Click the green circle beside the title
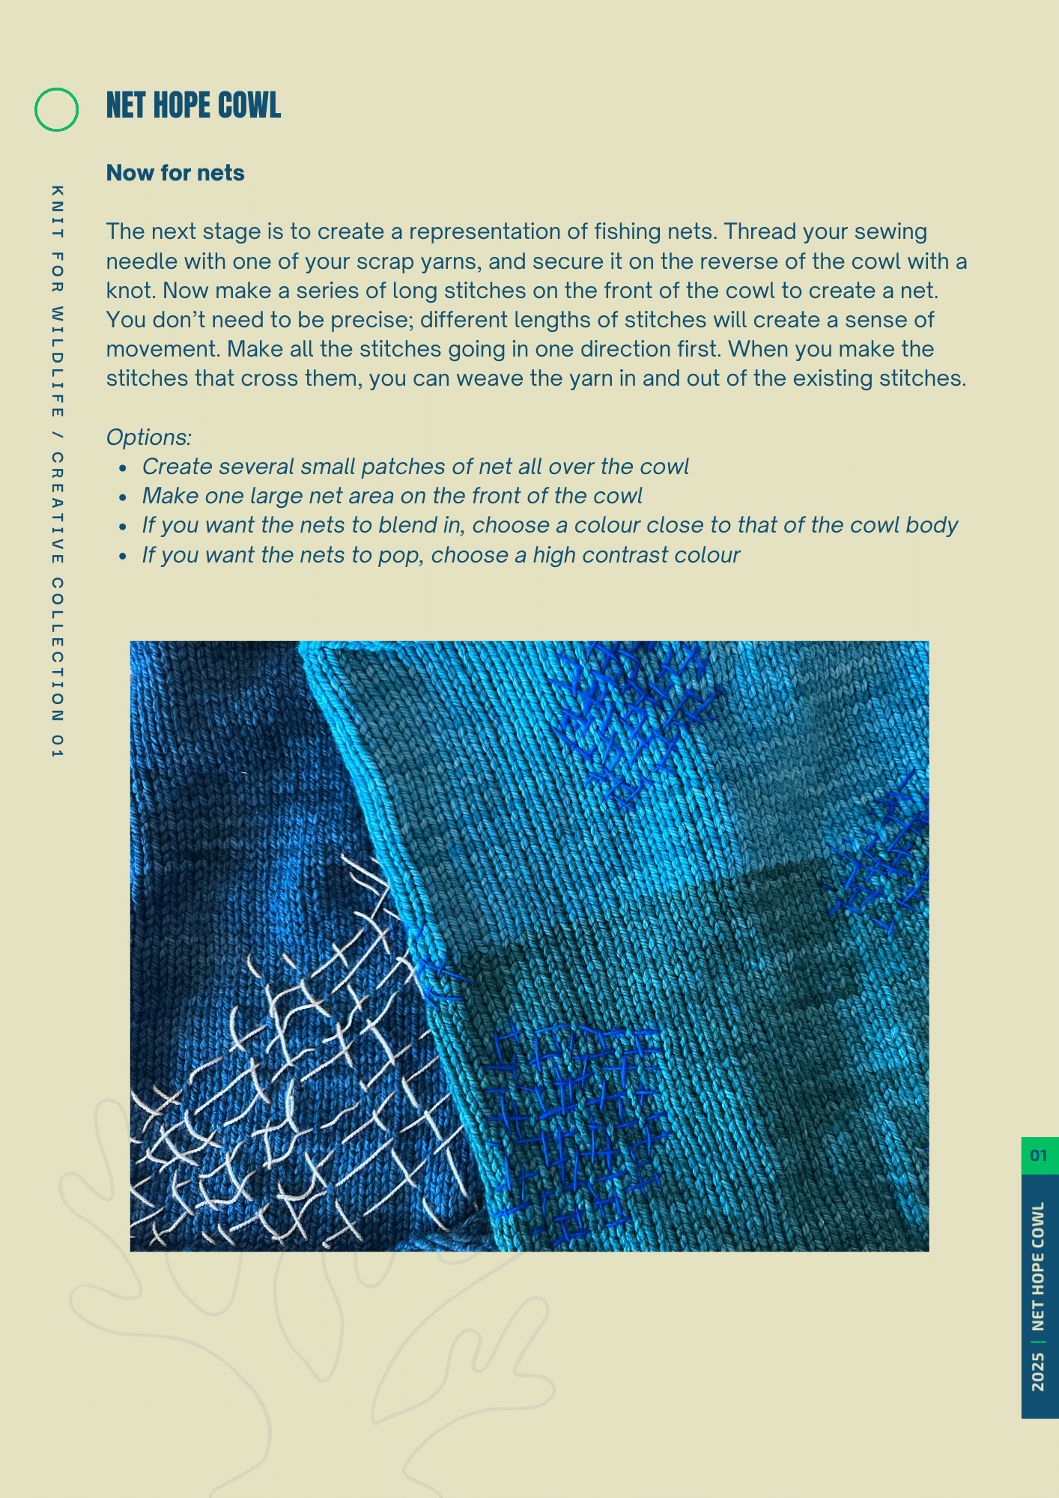click(56, 109)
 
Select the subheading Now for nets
click(175, 173)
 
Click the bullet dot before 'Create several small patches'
click(124, 467)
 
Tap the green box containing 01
click(1039, 1156)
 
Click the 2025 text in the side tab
click(1038, 1371)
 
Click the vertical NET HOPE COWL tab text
click(1038, 1266)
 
